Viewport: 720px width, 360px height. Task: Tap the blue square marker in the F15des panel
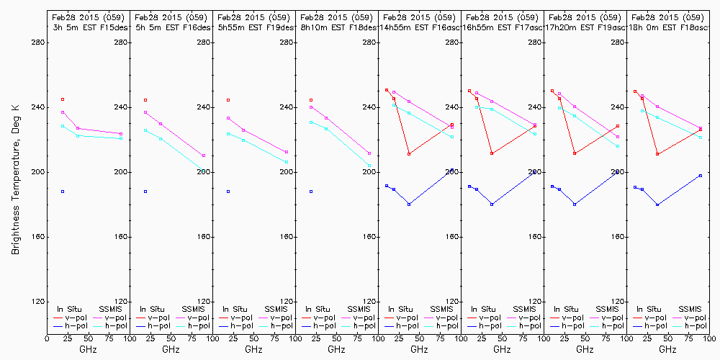click(63, 192)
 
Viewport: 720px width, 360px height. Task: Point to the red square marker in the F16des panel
click(145, 100)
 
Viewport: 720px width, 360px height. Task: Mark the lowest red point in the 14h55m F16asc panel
click(409, 154)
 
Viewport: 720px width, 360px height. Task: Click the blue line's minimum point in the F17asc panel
click(492, 204)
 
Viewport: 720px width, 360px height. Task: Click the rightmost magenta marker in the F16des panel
click(204, 156)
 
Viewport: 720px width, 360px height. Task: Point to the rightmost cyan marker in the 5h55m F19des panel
click(287, 163)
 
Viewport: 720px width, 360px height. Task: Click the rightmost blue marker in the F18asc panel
click(701, 176)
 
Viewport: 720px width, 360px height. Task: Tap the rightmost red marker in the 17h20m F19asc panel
click(618, 126)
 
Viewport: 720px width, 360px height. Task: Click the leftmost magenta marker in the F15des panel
click(63, 112)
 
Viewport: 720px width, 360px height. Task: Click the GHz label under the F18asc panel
click(667, 349)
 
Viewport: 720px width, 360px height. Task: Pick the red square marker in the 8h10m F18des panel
click(311, 100)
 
